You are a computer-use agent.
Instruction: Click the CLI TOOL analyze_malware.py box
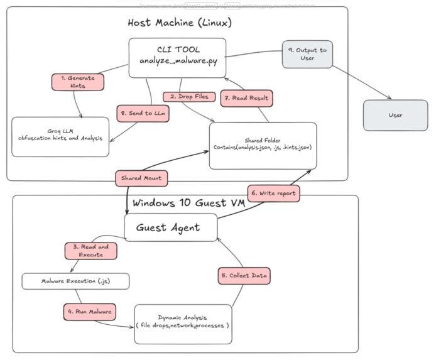coord(177,58)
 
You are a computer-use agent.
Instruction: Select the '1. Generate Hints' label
coord(77,81)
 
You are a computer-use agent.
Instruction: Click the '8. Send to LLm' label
coord(143,113)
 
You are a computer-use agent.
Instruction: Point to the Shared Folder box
coord(263,145)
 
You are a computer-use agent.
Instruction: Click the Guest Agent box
coord(171,227)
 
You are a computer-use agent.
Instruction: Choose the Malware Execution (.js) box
coord(75,280)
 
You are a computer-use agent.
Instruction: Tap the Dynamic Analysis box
coord(183,324)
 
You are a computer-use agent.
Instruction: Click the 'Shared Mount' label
coord(141,178)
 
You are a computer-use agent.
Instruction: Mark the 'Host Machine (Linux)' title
coord(180,23)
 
